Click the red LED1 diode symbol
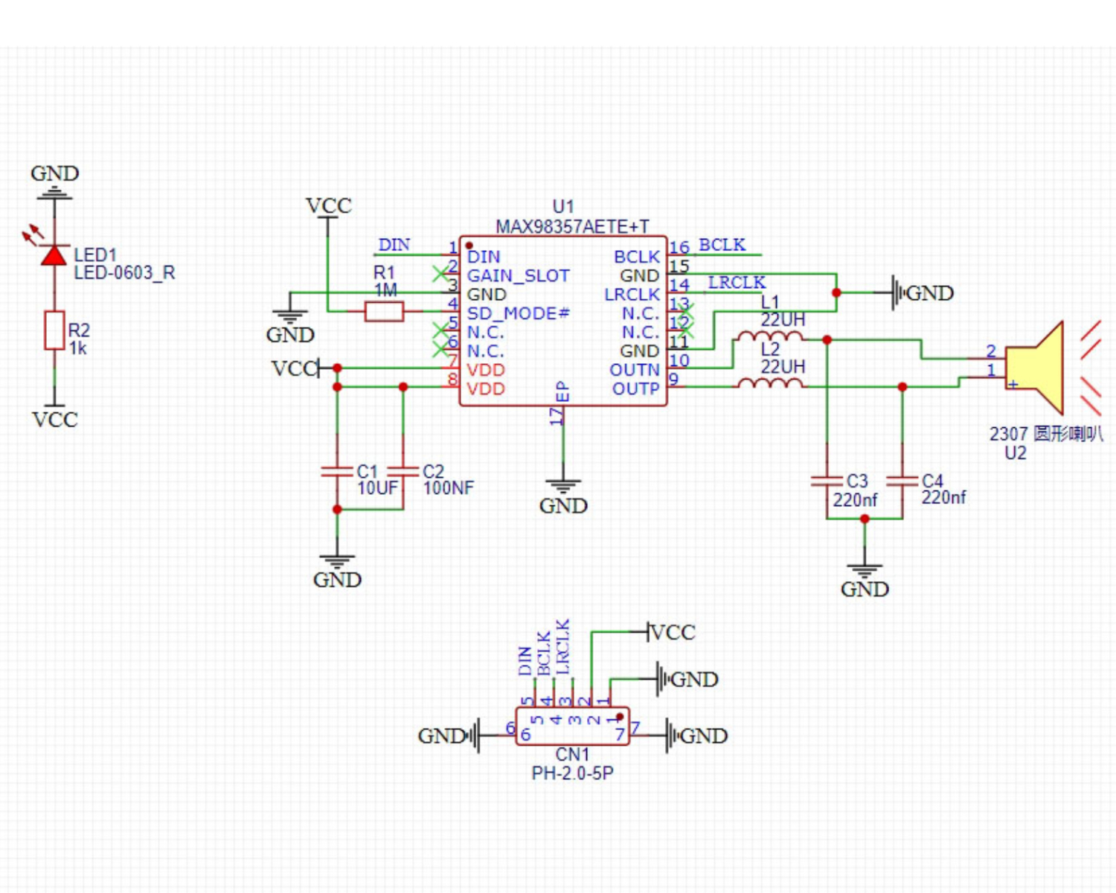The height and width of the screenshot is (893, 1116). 54,255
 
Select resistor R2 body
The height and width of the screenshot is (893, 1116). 54,330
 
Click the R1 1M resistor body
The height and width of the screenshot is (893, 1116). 384,311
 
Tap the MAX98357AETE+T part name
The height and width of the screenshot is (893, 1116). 572,226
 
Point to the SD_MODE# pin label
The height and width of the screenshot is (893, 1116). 518,313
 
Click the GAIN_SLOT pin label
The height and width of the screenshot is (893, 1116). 518,275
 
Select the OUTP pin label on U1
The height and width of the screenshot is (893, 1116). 635,388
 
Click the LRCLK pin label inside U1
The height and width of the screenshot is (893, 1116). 632,295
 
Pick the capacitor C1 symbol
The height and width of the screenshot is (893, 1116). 337,471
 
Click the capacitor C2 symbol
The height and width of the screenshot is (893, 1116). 403,471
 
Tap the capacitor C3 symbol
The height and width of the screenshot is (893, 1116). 827,481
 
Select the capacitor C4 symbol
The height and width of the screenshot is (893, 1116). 902,481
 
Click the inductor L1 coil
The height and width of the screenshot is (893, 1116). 770,337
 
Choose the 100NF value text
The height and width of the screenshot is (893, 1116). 448,488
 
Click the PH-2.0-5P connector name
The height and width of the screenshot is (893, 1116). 572,773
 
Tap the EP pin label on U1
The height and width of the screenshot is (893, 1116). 562,391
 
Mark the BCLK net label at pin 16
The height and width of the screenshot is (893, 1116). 722,245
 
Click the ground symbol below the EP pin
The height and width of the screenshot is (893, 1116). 563,487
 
